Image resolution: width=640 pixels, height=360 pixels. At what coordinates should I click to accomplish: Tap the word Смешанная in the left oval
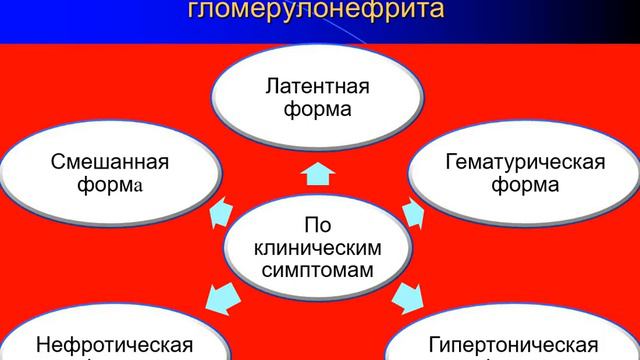[x=95, y=161]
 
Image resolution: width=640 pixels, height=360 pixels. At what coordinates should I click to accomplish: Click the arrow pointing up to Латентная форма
[x=318, y=172]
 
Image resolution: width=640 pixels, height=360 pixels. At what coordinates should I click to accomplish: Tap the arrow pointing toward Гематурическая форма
[x=414, y=210]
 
